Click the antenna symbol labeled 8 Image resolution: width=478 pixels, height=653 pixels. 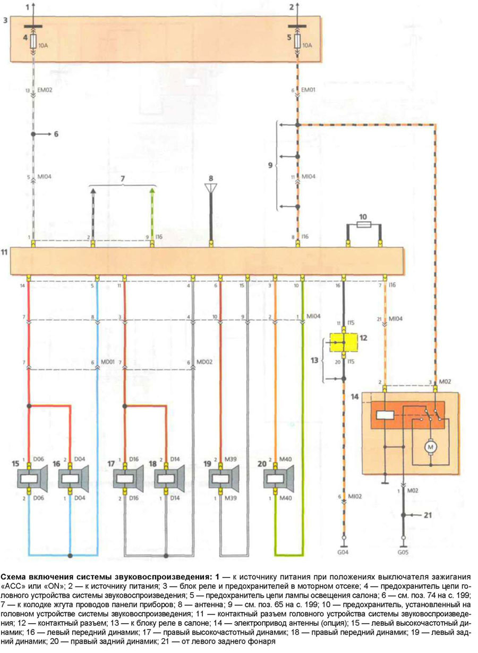(x=211, y=188)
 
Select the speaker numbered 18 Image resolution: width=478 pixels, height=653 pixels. (x=169, y=479)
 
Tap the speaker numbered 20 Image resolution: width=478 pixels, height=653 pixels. (x=278, y=479)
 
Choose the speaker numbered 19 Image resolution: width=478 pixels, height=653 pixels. (x=224, y=479)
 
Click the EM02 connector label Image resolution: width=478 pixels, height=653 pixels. (x=46, y=91)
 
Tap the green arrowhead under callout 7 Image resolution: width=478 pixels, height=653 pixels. (x=153, y=189)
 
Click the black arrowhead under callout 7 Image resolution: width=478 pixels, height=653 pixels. (x=93, y=189)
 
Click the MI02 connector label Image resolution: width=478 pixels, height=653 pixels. (x=356, y=497)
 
